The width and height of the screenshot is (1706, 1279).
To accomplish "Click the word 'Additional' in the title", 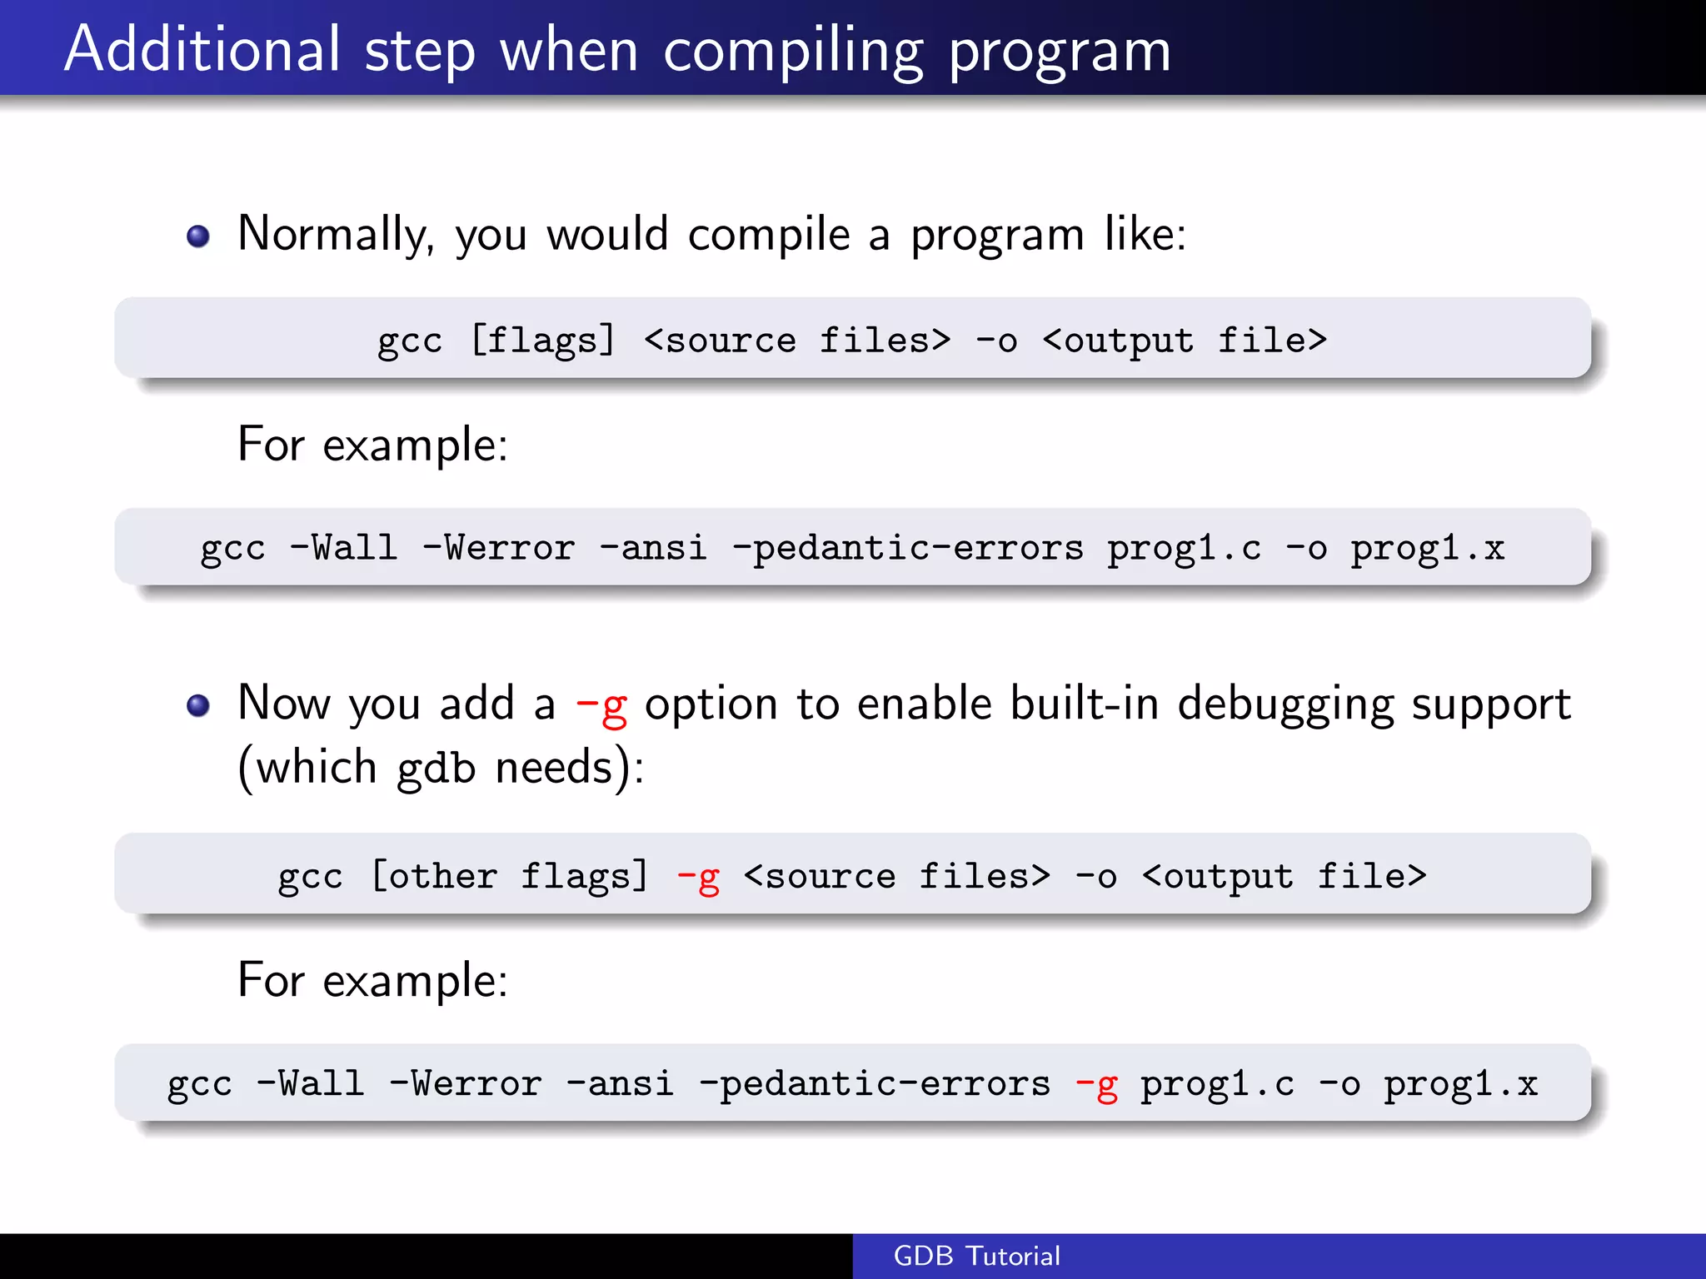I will [x=202, y=50].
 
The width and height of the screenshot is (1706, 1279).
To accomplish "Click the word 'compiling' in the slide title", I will [x=793, y=52].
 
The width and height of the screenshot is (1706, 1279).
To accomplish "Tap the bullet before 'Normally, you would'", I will [x=198, y=236].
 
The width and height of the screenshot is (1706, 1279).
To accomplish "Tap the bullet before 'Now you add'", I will [x=198, y=706].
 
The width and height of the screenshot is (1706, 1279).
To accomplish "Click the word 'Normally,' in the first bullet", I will [x=336, y=235].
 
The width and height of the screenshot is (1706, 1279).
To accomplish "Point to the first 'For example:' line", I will [x=372, y=445].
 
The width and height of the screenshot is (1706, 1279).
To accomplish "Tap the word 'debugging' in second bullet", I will [x=1285, y=704].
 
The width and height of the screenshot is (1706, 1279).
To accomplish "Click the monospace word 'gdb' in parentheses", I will [x=436, y=768].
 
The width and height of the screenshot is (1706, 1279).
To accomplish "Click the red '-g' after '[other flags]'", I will [x=698, y=877].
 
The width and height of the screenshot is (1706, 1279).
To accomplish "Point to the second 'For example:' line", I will [x=372, y=980].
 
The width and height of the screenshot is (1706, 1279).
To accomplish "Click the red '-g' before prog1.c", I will [x=1096, y=1085].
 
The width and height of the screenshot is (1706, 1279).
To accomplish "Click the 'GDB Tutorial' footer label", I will [x=976, y=1256].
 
